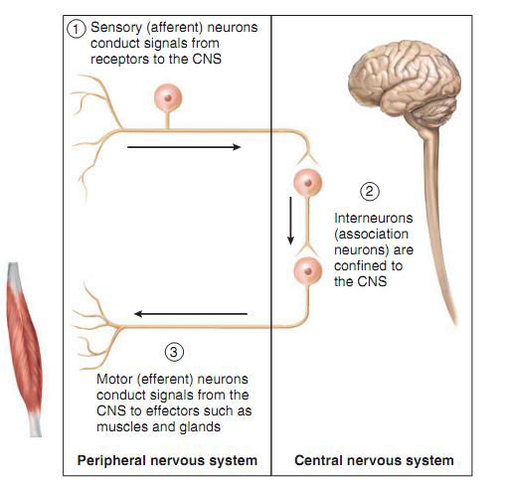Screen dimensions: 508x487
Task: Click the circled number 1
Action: [76, 29]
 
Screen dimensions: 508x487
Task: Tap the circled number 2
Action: [370, 191]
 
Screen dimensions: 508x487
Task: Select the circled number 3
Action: [174, 352]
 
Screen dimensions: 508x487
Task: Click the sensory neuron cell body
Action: [168, 97]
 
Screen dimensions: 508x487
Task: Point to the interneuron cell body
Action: [308, 183]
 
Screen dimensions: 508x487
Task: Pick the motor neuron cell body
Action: [308, 271]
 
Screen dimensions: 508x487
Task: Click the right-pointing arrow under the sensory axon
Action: [184, 147]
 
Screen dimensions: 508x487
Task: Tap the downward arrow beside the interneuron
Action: [290, 221]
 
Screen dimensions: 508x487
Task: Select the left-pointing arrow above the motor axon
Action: [191, 314]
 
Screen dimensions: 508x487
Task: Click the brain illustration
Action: [406, 86]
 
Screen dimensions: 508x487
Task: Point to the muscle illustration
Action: [24, 350]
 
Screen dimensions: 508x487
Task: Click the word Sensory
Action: [116, 28]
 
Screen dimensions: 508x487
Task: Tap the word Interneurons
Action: [374, 218]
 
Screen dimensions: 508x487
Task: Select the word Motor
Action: [114, 379]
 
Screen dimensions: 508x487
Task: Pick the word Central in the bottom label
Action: [316, 460]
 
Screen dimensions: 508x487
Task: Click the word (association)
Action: [372, 235]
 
